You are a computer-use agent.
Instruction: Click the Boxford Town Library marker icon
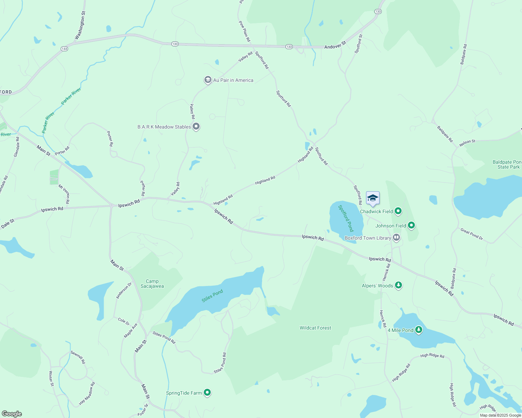tap(396, 238)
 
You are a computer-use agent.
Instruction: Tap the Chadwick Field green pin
tap(398, 211)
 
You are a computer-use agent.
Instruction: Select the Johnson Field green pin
tap(411, 225)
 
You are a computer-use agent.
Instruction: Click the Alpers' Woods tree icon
tap(398, 285)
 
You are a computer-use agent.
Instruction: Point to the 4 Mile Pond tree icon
tap(419, 330)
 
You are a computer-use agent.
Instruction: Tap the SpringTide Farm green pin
tap(207, 393)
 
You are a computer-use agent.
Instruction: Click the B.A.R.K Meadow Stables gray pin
tap(196, 126)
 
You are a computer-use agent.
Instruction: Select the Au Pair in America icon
tap(208, 80)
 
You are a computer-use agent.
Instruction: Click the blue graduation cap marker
tap(373, 199)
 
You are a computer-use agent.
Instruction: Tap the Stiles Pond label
tap(212, 296)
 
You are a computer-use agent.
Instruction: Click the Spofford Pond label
tap(346, 218)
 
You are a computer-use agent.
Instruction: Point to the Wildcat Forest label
tap(315, 328)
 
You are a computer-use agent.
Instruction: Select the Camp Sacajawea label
tap(152, 284)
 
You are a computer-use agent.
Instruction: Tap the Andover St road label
tap(335, 45)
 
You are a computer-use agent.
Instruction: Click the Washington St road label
tap(80, 25)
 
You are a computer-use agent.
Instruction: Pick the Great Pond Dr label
tap(471, 234)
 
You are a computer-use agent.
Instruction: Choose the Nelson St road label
tap(467, 142)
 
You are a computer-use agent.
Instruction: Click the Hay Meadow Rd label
tap(87, 394)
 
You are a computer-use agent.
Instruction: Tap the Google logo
tap(12, 413)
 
